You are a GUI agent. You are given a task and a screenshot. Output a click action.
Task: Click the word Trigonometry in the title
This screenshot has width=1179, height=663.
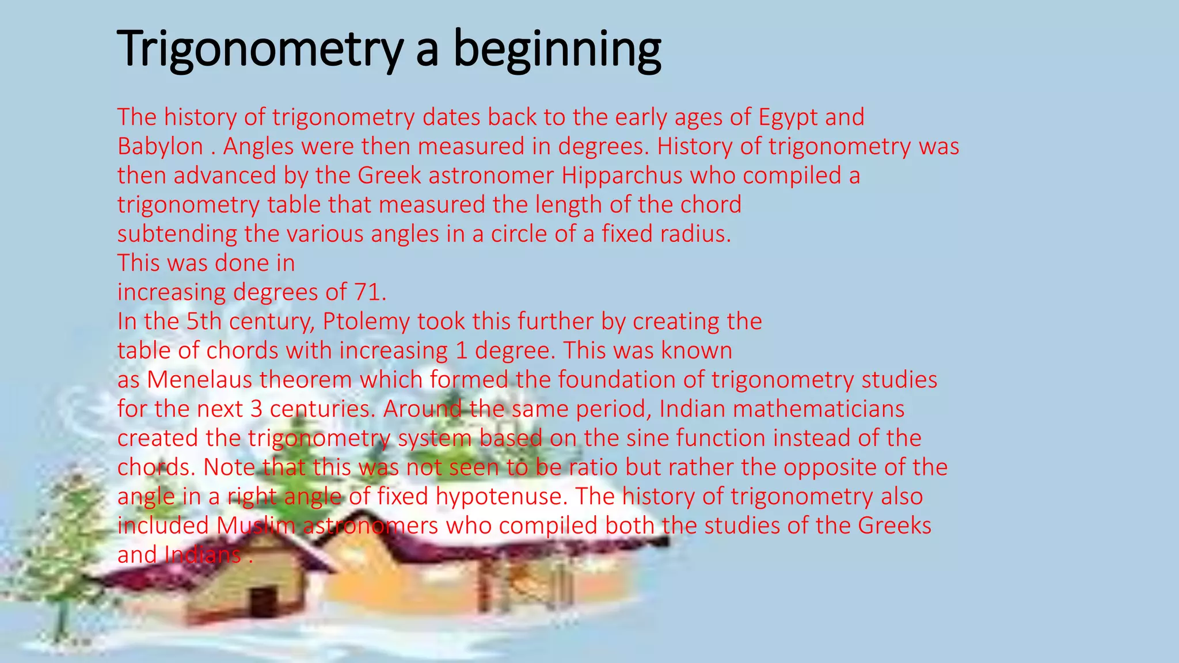259,49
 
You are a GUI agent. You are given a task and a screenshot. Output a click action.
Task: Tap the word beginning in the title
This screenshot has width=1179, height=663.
557,51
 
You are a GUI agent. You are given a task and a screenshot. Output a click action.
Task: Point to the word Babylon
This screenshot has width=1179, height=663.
160,147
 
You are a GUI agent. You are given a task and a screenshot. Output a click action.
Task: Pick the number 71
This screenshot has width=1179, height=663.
368,292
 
